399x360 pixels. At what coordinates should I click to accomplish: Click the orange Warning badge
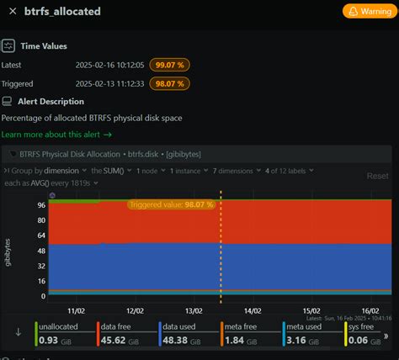(x=367, y=12)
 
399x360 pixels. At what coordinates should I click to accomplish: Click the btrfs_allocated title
(x=57, y=12)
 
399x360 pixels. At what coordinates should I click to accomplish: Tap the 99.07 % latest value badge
(x=168, y=65)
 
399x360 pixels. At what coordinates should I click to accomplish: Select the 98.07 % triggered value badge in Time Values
(x=168, y=83)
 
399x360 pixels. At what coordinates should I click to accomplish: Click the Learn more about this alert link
(x=56, y=134)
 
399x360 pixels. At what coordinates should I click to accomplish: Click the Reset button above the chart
(x=378, y=176)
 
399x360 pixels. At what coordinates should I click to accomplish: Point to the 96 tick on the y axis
(x=40, y=204)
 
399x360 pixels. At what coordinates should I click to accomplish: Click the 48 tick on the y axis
(x=40, y=250)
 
